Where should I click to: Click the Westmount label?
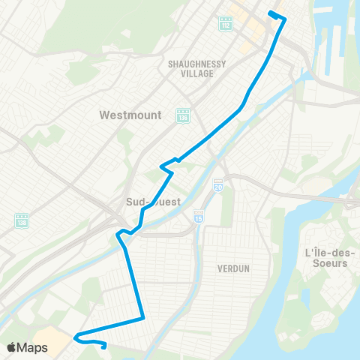coord(126,116)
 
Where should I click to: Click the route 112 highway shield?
coord(226,25)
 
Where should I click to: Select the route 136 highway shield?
coord(182,116)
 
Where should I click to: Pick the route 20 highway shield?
coord(217,184)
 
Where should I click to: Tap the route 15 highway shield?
coord(198,215)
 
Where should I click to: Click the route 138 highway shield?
coord(21,220)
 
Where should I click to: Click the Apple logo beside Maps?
coord(13,347)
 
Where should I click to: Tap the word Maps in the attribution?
coord(33,347)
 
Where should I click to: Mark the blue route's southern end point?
coord(103,346)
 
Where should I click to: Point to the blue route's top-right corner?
coord(284,18)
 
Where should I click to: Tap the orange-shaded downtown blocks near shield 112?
coord(251,22)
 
